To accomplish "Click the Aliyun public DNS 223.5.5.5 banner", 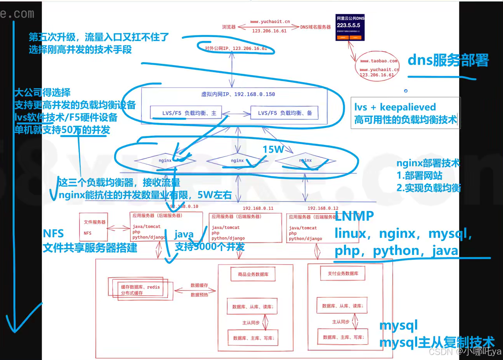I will pos(350,28).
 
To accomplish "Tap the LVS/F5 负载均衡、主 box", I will pos(189,113).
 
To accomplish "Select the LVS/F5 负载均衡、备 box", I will pos(285,113).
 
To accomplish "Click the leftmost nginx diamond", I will pos(165,160).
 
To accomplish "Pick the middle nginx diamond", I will pos(237,160).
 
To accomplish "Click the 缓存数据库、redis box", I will pos(140,289).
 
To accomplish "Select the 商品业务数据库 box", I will pos(253,274).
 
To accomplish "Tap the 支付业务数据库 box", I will pos(343,274).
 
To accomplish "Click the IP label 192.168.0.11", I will pos(258,208).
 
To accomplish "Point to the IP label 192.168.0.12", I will pos(323,208).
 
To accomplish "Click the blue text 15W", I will pos(273,149).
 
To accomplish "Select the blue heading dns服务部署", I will pos(448,60).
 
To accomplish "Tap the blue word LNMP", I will pos(354,216).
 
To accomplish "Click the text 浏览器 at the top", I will pos(229,27).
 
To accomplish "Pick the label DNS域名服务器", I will pos(316,27).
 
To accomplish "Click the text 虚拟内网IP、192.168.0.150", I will pos(238,94).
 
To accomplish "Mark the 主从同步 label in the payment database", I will pos(340,322).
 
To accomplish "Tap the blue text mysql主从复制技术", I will pos(437,342).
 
